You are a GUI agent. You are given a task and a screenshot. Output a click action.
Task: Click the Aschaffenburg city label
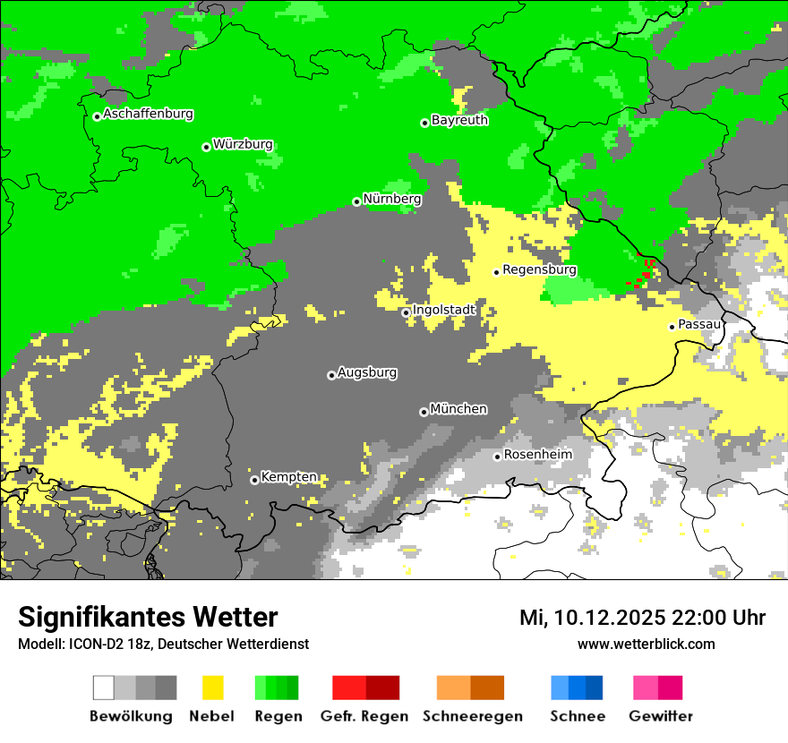(148, 115)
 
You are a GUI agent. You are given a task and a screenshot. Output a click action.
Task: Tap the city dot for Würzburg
(206, 147)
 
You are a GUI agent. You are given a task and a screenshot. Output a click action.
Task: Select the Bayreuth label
(459, 120)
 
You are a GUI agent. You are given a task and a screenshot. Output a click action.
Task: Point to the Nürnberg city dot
(356, 201)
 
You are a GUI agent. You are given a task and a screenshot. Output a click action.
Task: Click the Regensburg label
(539, 269)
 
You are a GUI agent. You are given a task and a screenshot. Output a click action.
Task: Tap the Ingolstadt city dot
(406, 312)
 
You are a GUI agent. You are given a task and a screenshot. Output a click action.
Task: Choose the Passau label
(699, 324)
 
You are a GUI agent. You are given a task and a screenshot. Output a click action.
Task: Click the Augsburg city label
(367, 372)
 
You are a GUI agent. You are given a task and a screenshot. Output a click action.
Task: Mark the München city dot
(424, 412)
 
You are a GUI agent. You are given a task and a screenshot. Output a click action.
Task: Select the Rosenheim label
(537, 455)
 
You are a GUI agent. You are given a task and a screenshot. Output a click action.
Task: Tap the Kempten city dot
(254, 480)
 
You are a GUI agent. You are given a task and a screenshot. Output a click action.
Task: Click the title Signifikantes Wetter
(148, 618)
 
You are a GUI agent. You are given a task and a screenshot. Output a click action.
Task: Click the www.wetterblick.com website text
(646, 645)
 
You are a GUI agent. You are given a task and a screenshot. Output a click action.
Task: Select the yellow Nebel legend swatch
(212, 687)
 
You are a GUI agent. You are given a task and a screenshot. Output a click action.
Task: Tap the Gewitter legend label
(660, 717)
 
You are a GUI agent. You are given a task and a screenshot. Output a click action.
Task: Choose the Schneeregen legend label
(472, 717)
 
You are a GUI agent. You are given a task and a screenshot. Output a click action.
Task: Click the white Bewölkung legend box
(103, 687)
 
